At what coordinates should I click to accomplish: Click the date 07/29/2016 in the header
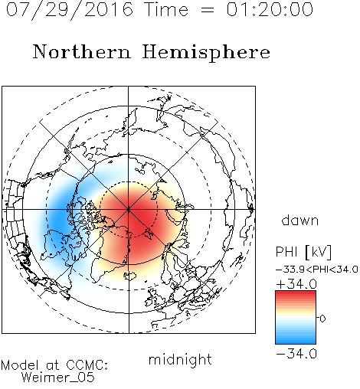70,10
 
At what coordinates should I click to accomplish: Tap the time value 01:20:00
270,9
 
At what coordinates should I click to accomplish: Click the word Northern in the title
82,52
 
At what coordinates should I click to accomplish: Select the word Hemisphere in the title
206,53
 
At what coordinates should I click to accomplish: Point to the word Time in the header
166,9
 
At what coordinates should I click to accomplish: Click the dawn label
300,221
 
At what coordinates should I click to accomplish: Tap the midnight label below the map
180,359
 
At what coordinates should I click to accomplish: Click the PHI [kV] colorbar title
303,252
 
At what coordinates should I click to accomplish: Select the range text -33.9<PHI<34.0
316,270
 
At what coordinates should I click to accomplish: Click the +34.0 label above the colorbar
296,284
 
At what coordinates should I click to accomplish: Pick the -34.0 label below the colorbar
296,354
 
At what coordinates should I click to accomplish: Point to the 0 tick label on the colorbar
322,319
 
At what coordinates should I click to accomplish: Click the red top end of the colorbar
296,293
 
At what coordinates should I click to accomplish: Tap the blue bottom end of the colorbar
296,342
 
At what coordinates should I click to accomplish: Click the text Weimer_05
58,378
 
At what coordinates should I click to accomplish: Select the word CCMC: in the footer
87,365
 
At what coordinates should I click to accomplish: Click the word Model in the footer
20,365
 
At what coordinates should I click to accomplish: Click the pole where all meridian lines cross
129,209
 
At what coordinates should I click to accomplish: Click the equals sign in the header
207,10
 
